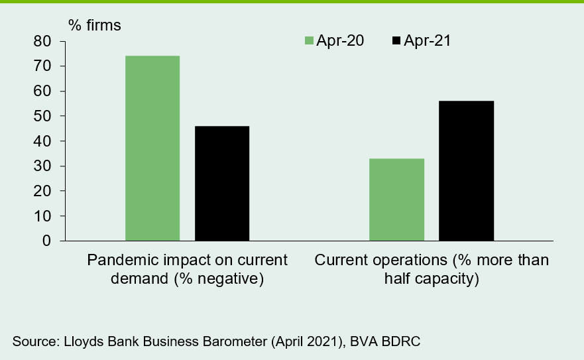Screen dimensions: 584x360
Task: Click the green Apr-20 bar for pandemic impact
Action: (152, 149)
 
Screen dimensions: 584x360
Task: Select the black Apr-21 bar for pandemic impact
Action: (222, 184)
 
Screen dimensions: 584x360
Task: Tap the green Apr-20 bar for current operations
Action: (396, 200)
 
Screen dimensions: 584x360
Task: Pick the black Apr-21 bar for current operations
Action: (466, 170)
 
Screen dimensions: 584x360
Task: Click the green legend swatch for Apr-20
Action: (309, 40)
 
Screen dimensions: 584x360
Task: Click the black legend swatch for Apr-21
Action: (396, 40)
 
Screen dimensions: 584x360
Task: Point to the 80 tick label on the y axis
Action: (42, 41)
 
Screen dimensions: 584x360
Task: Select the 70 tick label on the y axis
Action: (42, 66)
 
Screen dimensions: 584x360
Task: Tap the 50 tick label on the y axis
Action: (42, 116)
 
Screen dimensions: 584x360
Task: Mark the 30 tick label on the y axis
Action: (42, 166)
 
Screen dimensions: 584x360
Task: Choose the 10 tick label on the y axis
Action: (42, 216)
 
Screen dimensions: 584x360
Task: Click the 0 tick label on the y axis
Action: (46, 241)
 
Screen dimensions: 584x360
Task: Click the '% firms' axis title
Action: (95, 25)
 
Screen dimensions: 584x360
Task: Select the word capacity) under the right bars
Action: (450, 278)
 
